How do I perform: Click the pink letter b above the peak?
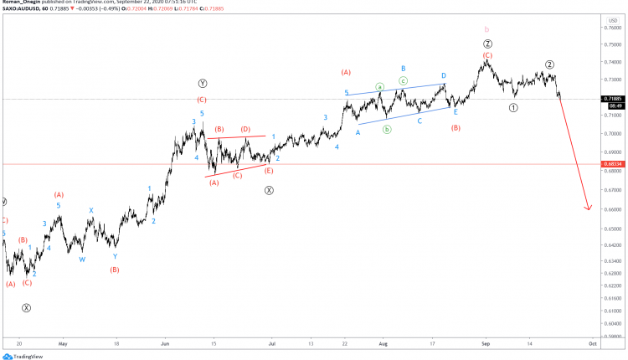[487, 29]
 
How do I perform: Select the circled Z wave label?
[487, 44]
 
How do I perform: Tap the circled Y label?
[203, 84]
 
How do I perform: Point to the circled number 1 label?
[514, 108]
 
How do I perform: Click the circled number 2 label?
[549, 64]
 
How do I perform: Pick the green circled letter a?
[379, 86]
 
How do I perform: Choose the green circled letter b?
[387, 129]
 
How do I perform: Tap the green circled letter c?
[403, 80]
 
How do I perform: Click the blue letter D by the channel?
[444, 75]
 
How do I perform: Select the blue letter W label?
[82, 260]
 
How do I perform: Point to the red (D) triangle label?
[245, 129]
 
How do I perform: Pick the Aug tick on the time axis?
[383, 343]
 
